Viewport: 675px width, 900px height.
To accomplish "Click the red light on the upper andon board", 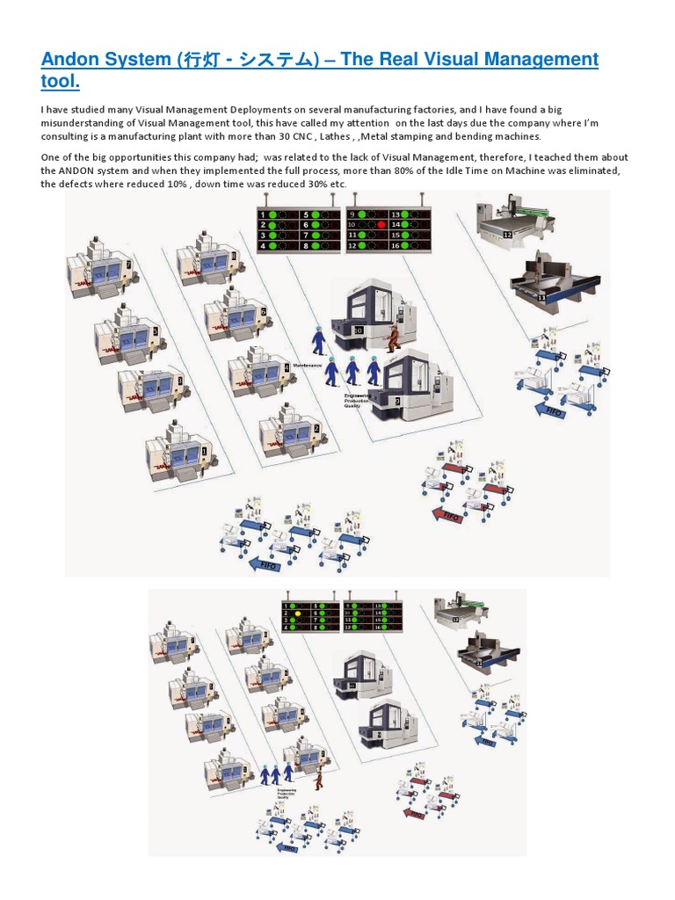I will (x=381, y=225).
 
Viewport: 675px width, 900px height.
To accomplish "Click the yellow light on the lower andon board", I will (x=298, y=615).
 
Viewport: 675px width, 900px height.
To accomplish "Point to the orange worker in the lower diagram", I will (x=319, y=777).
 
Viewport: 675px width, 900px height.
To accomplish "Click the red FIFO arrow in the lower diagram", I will (x=414, y=813).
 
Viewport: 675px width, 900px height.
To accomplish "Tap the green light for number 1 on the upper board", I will (x=273, y=214).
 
